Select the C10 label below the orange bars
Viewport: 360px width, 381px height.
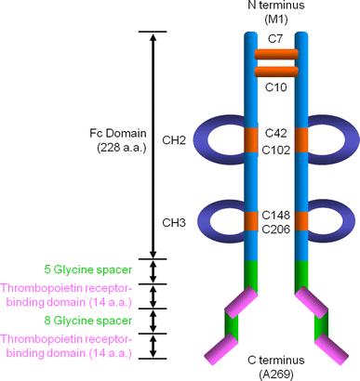(x=275, y=87)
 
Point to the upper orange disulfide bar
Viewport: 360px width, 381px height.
(x=275, y=55)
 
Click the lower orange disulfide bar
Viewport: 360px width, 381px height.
(x=275, y=71)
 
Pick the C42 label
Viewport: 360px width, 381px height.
(x=275, y=133)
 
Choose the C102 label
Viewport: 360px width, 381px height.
(x=275, y=148)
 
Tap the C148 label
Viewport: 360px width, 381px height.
(x=275, y=213)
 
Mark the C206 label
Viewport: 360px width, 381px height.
(x=275, y=229)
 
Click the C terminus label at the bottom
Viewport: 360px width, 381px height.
(x=275, y=366)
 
